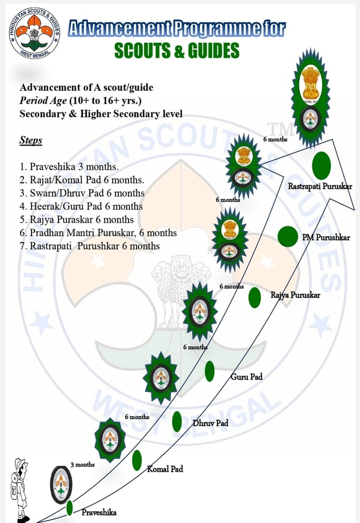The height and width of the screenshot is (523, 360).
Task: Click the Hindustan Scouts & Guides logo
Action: (x=34, y=33)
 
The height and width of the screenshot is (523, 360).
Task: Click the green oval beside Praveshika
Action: (x=70, y=508)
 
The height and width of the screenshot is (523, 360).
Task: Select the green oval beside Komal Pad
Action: (x=137, y=460)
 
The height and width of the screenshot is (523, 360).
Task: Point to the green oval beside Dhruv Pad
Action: (x=177, y=421)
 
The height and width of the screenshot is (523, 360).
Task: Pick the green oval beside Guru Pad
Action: (x=210, y=371)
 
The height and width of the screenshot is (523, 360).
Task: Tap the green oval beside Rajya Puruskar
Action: (x=255, y=298)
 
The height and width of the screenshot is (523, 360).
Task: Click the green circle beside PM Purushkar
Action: (x=287, y=236)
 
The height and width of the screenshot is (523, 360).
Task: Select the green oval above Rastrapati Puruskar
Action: (x=321, y=166)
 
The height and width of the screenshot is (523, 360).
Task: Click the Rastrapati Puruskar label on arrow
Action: (x=320, y=187)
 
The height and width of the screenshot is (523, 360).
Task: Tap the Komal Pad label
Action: (x=165, y=469)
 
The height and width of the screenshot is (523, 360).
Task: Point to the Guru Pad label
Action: (x=246, y=376)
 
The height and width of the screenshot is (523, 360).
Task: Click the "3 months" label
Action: (x=82, y=464)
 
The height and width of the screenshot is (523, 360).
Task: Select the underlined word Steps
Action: (x=31, y=140)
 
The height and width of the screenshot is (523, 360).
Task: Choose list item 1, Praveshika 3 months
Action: (x=69, y=167)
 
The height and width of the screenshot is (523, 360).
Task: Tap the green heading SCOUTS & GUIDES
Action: (x=177, y=51)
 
